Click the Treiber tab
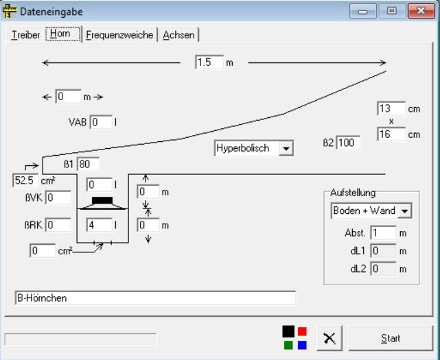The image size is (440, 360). (25, 35)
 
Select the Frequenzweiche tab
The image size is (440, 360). (119, 35)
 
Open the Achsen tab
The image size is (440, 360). (178, 35)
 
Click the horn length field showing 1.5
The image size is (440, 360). (209, 62)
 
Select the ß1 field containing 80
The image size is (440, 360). (89, 164)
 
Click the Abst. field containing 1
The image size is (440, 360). (382, 233)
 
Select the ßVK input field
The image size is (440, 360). (58, 198)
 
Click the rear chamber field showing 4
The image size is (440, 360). (99, 224)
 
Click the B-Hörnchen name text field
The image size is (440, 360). (154, 298)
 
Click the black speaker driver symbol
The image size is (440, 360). (102, 200)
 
